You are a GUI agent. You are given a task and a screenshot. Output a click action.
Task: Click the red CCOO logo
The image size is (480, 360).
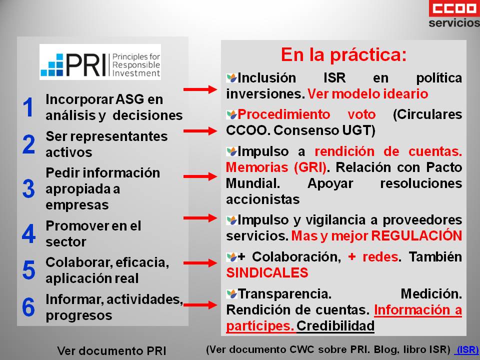point(454,8)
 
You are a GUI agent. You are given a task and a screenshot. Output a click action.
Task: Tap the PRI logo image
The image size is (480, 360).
point(100,62)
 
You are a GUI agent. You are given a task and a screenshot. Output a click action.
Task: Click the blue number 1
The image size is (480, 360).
point(28,107)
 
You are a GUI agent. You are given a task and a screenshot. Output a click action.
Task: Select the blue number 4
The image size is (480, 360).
point(29,233)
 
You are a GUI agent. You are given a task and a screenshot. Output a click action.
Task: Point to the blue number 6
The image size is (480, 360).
point(28,307)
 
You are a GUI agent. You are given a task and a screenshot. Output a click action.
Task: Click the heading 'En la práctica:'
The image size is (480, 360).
point(344,54)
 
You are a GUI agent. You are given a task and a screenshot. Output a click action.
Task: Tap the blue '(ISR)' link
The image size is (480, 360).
point(466,349)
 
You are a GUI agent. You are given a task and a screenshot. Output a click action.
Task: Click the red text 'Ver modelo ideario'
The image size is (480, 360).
point(367,94)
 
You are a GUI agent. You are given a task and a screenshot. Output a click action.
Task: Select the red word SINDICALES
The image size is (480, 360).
point(267,272)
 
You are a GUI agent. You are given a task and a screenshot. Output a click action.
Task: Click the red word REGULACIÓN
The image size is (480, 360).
point(416,235)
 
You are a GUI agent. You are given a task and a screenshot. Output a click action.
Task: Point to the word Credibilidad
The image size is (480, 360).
point(335,325)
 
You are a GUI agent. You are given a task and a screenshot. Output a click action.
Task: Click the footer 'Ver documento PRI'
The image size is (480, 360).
point(111,350)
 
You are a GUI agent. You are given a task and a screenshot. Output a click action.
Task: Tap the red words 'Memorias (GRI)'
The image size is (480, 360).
point(276,167)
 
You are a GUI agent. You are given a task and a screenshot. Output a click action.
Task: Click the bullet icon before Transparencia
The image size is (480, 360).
point(231,294)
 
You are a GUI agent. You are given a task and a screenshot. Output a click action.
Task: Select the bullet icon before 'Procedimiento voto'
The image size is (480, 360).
point(231,115)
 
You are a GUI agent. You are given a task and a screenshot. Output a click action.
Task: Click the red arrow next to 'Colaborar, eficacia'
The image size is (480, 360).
point(200,263)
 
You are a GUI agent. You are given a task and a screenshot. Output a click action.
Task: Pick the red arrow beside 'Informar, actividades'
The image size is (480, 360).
point(200,305)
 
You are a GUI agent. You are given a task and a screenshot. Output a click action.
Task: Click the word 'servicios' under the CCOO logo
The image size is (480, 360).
point(454,23)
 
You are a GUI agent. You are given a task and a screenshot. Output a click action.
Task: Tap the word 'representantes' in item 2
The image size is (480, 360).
point(119,137)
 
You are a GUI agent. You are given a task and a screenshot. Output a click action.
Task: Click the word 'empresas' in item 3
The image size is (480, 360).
point(77,205)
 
